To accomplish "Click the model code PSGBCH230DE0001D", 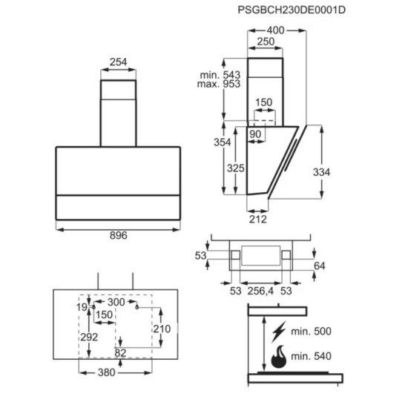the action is coord(292,10).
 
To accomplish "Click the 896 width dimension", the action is coord(119,235).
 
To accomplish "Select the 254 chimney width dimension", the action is coord(119,62).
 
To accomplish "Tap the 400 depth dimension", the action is coord(275,30).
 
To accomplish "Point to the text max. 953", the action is coord(219,84).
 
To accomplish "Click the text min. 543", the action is coord(220,75).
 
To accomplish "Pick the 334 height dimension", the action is coord(322,172).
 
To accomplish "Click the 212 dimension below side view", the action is coord(258,220).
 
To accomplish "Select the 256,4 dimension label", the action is coord(260,291).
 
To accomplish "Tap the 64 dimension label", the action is coord(320,266).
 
